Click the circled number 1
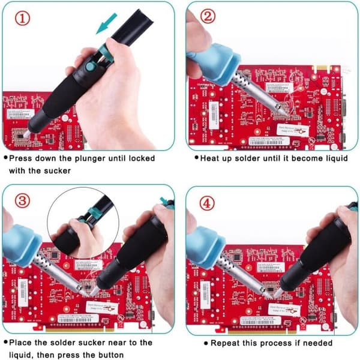[23, 19]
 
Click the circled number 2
[208, 16]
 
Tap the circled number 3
[23, 201]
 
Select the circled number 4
[207, 203]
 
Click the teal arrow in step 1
[106, 23]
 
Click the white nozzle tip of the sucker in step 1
[26, 134]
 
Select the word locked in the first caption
[142, 158]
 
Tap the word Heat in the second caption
[209, 158]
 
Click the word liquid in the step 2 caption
[337, 158]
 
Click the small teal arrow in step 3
[164, 200]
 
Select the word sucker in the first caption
[57, 171]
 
